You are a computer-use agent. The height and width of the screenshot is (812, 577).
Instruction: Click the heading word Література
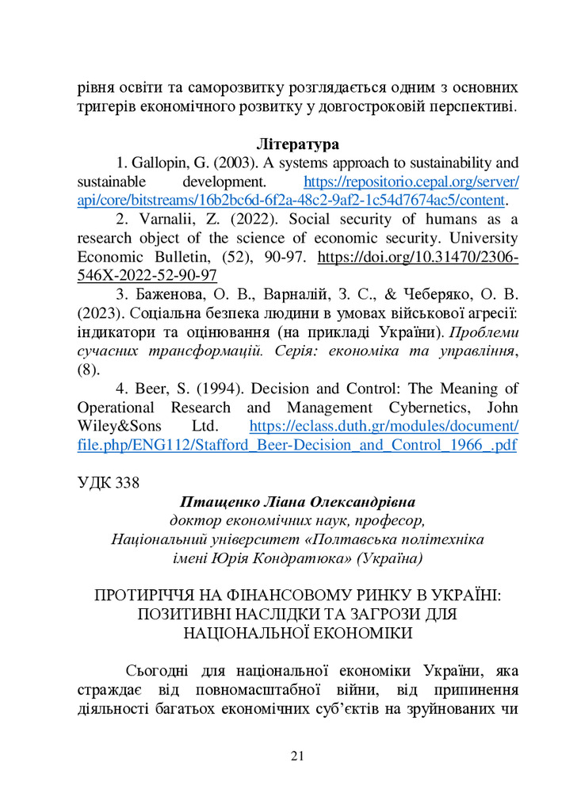click(298, 144)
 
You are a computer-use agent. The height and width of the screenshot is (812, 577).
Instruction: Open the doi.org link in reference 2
click(418, 257)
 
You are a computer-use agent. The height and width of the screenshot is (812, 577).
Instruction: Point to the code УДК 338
click(109, 484)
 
